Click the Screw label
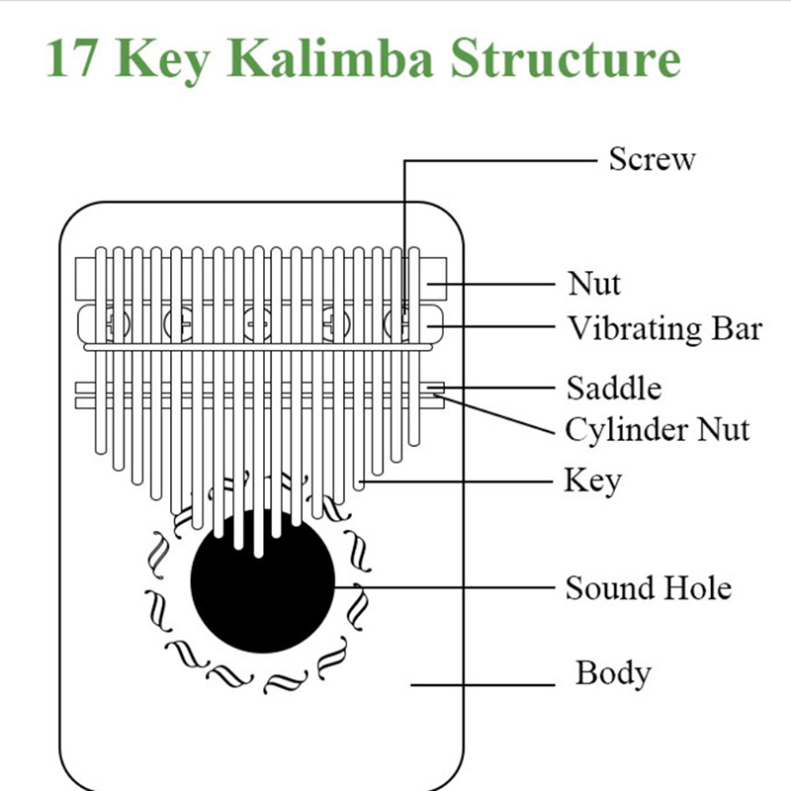coord(652,158)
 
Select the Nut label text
coord(594,284)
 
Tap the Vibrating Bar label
coord(664,327)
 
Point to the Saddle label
coord(613,387)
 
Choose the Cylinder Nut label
coord(658,429)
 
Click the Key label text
coord(592,482)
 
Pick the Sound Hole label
coord(648,588)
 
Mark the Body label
coord(613,673)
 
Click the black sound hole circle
coord(262,583)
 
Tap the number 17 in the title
coord(73,59)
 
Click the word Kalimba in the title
coord(336,59)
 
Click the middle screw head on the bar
coord(258,322)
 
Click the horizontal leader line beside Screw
coord(499,158)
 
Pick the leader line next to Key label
coord(465,482)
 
